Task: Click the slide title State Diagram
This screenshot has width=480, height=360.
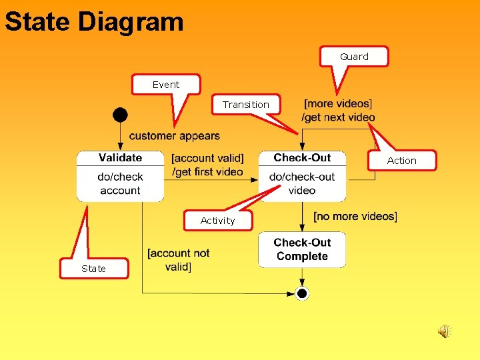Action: pos(94,21)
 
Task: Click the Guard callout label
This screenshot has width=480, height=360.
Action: pos(354,57)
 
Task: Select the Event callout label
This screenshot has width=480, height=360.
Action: pos(166,85)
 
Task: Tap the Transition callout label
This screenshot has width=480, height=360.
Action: pos(246,105)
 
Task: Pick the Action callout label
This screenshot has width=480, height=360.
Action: pos(401,161)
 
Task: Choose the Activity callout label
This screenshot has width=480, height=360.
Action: pos(218,221)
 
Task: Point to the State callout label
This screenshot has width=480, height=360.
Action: pos(93,269)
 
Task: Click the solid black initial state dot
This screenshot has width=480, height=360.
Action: pos(120,115)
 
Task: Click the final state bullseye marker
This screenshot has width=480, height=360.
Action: pos(302,293)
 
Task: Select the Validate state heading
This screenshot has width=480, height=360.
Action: pos(120,158)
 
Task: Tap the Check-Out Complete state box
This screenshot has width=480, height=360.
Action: pos(302,249)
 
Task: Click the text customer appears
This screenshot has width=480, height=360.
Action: pos(175,136)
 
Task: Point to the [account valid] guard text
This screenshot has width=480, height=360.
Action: pos(207,159)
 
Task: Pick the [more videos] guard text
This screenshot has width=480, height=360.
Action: pos(338,104)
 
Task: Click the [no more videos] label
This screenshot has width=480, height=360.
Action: pos(355,216)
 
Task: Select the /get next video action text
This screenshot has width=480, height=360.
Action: pos(339,117)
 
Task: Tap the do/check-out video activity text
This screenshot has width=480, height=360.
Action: pos(302,183)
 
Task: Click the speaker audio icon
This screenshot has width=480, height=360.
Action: pos(444,331)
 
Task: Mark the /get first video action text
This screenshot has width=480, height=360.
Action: pos(207,172)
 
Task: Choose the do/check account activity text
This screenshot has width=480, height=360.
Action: pos(120,183)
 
